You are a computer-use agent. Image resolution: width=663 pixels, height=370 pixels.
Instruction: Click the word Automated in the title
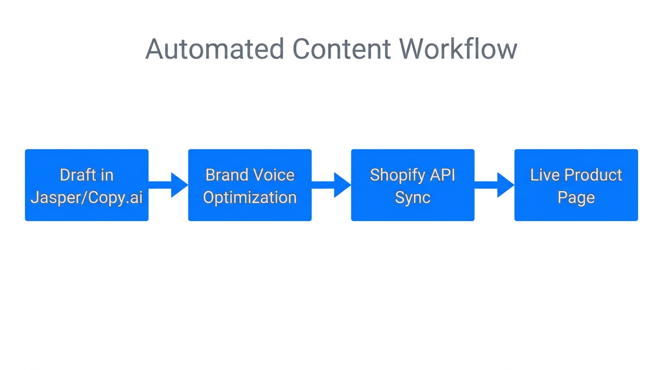click(x=214, y=49)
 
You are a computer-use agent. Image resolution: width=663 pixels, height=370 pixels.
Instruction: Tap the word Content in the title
click(x=341, y=49)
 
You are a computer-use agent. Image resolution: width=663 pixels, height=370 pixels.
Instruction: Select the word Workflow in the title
click(x=458, y=49)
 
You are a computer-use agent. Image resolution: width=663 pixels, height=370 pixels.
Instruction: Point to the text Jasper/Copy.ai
click(x=87, y=198)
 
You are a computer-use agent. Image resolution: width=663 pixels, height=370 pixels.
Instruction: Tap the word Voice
click(x=274, y=174)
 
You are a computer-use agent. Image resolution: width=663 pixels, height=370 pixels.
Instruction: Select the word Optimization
click(x=250, y=198)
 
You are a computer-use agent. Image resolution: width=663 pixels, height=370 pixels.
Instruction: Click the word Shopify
click(x=395, y=174)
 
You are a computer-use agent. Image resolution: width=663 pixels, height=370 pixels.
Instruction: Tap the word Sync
click(x=412, y=198)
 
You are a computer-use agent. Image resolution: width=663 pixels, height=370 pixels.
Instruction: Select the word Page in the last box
click(x=576, y=198)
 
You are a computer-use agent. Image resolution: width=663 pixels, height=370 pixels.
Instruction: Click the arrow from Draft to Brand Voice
click(x=168, y=185)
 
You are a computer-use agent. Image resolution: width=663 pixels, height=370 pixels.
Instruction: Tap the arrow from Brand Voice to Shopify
click(x=331, y=185)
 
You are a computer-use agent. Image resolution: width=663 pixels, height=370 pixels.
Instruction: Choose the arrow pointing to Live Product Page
click(x=495, y=185)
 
